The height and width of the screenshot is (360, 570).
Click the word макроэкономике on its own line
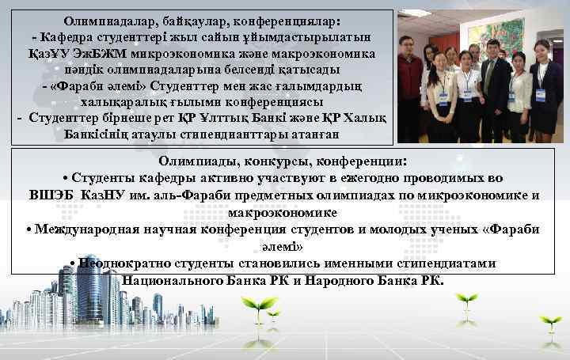[282, 212]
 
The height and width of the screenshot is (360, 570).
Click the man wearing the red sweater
[409, 83]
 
